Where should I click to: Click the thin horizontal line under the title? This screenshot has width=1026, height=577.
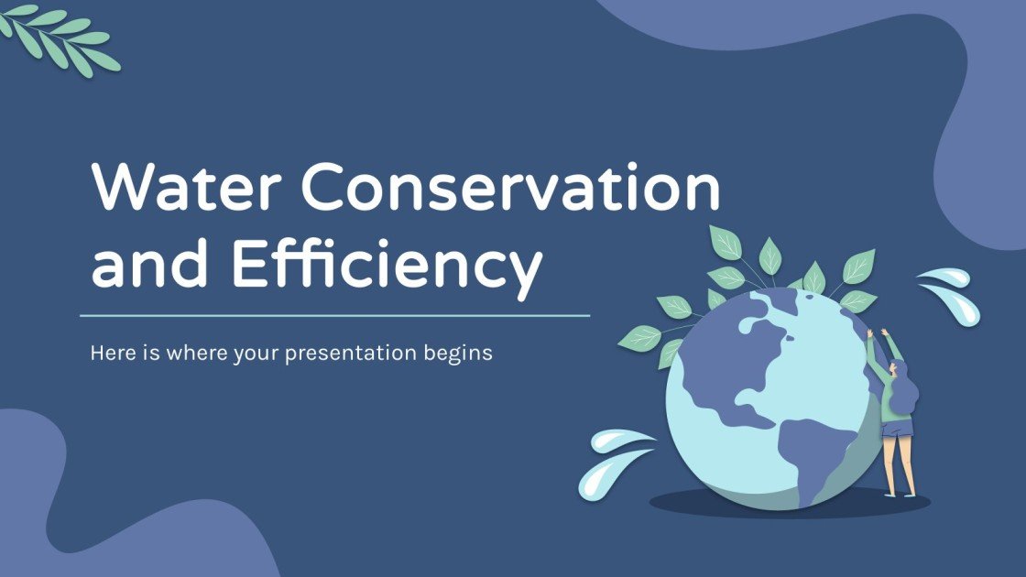(334, 316)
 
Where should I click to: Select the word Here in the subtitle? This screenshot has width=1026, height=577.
(111, 353)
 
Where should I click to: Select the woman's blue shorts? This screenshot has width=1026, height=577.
(897, 428)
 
